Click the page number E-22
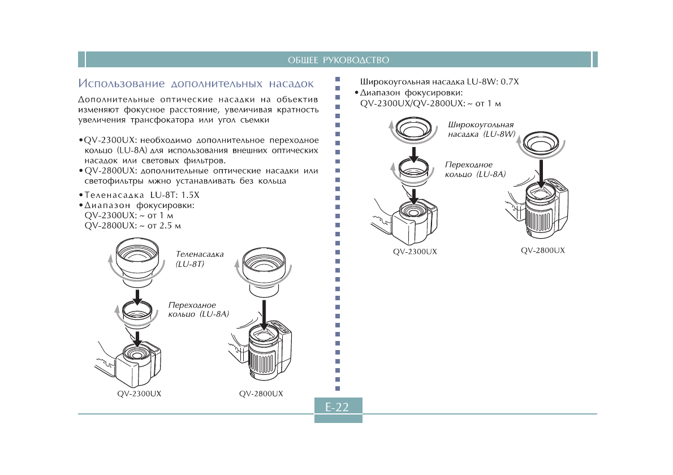click(x=338, y=407)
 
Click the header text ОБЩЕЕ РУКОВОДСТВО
click(x=338, y=60)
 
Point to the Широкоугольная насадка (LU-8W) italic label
click(x=481, y=129)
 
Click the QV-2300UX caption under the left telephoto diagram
click(x=139, y=393)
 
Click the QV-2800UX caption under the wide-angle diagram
click(x=542, y=250)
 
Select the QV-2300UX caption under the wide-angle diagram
click(x=415, y=251)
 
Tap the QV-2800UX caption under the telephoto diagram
click(x=261, y=393)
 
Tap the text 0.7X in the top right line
click(x=510, y=81)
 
